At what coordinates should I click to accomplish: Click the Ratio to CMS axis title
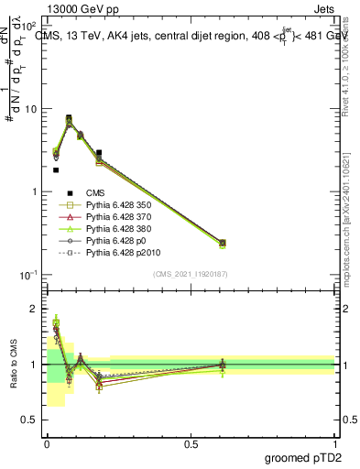click(x=14, y=364)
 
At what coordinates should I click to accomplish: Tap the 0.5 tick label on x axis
click(x=191, y=442)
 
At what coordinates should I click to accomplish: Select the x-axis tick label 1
click(x=334, y=442)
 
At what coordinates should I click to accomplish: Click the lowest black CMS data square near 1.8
click(x=56, y=169)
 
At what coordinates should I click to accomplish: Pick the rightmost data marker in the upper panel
click(x=223, y=243)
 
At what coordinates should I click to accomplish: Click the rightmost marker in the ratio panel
click(x=223, y=365)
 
